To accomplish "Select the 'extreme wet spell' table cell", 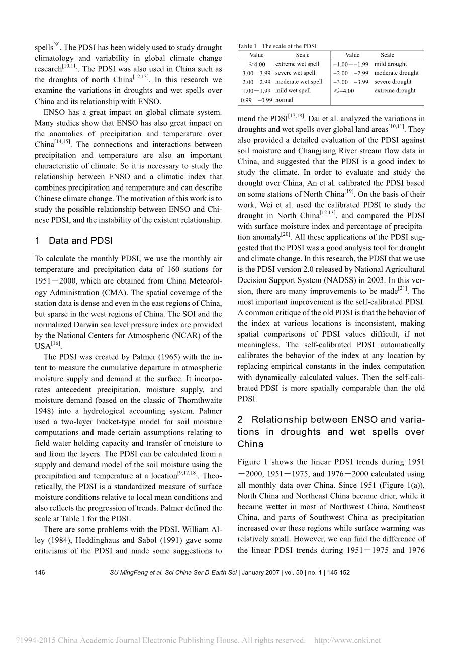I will click(297, 64).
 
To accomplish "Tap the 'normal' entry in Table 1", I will click(284, 100).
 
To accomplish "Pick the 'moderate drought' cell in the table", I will click(396, 73).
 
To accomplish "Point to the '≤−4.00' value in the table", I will click(344, 91).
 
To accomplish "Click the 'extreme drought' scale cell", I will click(395, 91).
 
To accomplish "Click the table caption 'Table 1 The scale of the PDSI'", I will click(277, 46).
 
